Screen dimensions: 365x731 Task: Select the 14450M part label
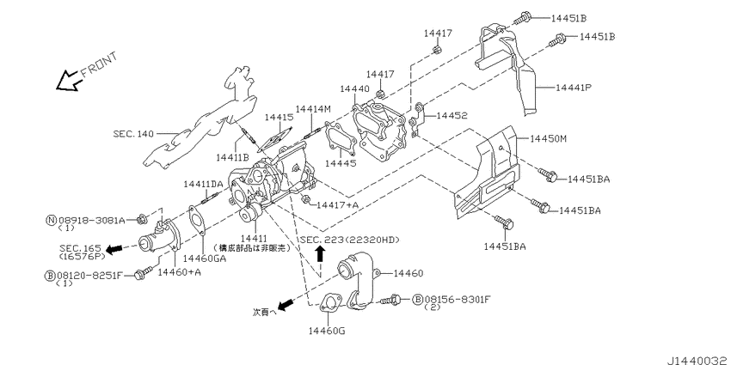(551, 137)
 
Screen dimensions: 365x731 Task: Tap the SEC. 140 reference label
(135, 134)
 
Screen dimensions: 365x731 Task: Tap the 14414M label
(313, 109)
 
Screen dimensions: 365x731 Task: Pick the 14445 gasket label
(341, 162)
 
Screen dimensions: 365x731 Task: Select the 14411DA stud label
(203, 184)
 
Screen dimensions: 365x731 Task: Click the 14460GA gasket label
(203, 258)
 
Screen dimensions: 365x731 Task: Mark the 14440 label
(354, 88)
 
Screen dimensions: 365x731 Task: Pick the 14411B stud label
(232, 158)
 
